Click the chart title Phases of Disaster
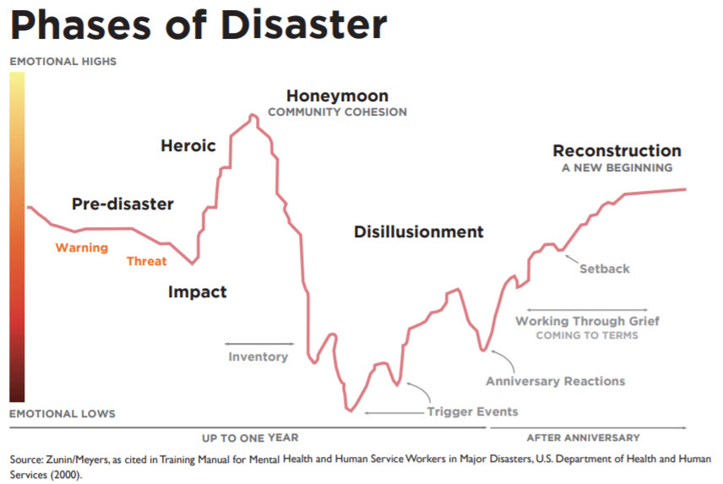pos(198,26)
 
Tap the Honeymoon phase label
pos(336,95)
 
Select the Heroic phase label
pos(188,146)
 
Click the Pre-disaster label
pos(122,204)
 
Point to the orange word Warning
pos(82,247)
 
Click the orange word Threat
pos(146,261)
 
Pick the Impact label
pos(197,292)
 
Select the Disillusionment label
pos(419,231)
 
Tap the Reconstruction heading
pos(617,151)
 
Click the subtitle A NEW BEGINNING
pos(617,167)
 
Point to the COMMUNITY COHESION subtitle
pos(337,111)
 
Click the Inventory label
pos(258,356)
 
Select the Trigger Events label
pos(472,411)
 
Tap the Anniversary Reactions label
pos(555,381)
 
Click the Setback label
pos(604,269)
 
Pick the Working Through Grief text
pos(587,321)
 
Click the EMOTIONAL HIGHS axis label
pos(63,62)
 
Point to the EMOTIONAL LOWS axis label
pos(63,414)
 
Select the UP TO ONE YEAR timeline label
pos(250,438)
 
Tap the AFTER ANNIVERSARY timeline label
pos(583,438)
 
